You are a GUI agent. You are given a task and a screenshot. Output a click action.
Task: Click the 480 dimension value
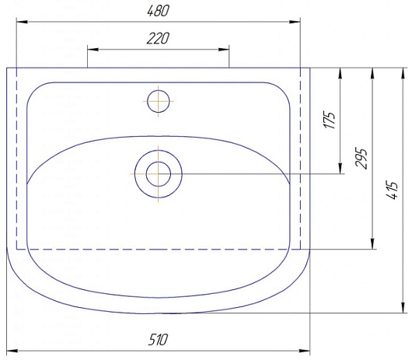click(158, 11)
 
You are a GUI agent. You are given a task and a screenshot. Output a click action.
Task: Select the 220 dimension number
click(158, 38)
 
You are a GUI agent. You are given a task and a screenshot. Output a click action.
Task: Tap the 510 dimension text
click(158, 340)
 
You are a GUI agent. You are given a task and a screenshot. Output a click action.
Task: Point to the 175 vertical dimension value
click(330, 120)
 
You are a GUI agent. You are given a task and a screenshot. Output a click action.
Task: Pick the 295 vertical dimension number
click(361, 159)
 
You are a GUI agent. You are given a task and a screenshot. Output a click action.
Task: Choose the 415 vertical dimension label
click(393, 190)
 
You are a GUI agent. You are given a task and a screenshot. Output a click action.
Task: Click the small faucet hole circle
click(158, 101)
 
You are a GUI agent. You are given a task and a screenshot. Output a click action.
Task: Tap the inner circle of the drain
click(158, 174)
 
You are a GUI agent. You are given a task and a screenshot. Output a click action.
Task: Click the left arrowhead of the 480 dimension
click(22, 22)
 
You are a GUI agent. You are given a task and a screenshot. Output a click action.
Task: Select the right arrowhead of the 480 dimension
click(295, 22)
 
